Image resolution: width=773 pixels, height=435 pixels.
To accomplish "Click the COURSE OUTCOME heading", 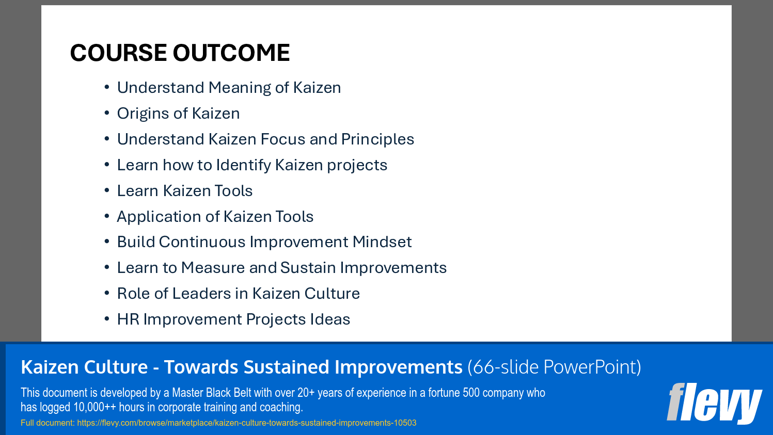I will click(180, 53).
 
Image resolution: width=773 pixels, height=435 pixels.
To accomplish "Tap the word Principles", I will click(377, 139).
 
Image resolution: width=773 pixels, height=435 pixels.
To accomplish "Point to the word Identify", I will click(243, 165).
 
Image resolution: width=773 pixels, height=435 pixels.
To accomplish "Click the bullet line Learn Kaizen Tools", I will click(184, 191).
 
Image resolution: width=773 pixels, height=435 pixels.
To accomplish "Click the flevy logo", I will click(714, 403).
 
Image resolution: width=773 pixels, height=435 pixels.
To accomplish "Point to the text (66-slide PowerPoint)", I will click(554, 367).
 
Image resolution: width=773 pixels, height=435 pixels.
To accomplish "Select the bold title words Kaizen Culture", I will click(84, 367).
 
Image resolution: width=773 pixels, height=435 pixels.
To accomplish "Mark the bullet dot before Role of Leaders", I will click(107, 293).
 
